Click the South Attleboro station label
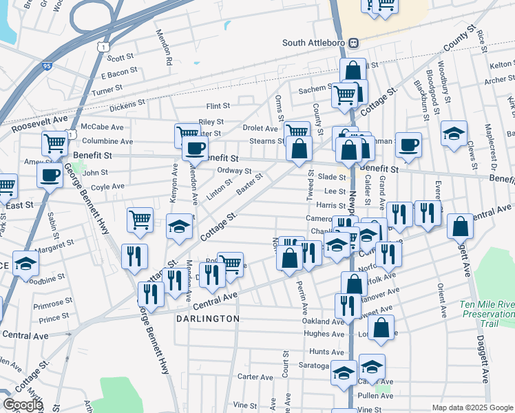[314, 43]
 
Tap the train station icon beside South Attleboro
[353, 43]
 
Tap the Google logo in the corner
[22, 405]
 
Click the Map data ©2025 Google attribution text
[472, 407]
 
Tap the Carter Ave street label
[255, 377]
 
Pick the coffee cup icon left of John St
[50, 175]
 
